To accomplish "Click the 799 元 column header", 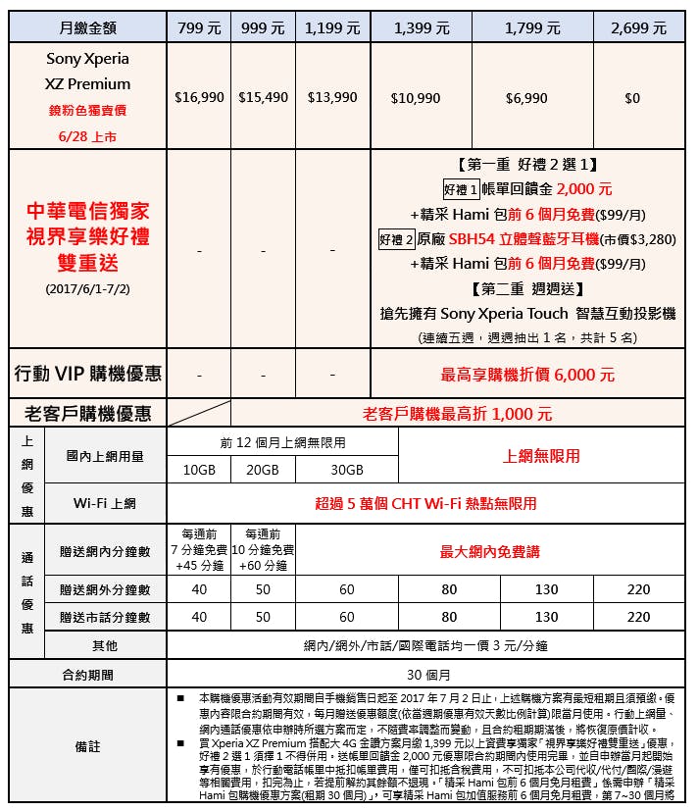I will (x=199, y=27).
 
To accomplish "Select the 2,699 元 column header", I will (x=638, y=27).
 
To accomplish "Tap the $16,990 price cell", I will (x=199, y=98).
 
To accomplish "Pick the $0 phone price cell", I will (x=631, y=98).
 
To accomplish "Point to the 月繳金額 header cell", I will (x=87, y=27).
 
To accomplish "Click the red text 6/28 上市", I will (x=87, y=136).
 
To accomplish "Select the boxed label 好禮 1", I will (x=461, y=189).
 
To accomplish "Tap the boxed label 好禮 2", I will (x=398, y=238).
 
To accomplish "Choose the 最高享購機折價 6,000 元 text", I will (x=528, y=375).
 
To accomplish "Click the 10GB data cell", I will (x=199, y=470).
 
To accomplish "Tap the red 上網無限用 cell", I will (x=541, y=456).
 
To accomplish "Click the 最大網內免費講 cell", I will (x=489, y=552).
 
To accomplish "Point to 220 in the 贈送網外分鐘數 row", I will (x=638, y=590).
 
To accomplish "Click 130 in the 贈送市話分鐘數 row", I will (x=546, y=618).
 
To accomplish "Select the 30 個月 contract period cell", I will (x=428, y=675).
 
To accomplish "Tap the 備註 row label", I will (x=87, y=746).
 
